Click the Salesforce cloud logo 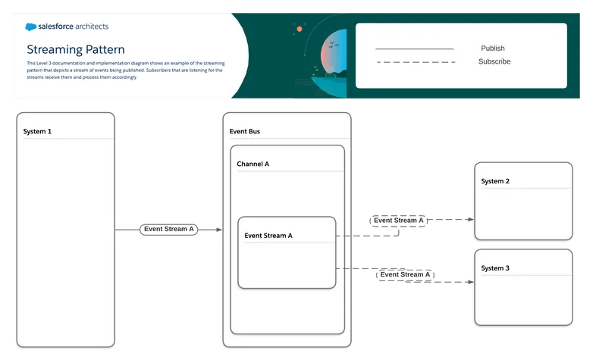(x=31, y=27)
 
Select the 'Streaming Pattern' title (x=76, y=49)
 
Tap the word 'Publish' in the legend (x=493, y=49)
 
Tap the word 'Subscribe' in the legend (x=494, y=61)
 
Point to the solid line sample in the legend (x=415, y=49)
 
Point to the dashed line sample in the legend (x=415, y=61)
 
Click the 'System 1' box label (x=38, y=132)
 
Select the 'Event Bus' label (x=245, y=132)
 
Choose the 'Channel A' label (x=253, y=164)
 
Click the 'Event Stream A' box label (x=268, y=236)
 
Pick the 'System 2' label (x=495, y=181)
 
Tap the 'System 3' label (x=495, y=268)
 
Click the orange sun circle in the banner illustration (x=300, y=29)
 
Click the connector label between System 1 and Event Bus (x=169, y=228)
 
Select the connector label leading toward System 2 (x=399, y=221)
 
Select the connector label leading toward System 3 (x=406, y=274)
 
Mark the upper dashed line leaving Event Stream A (x=344, y=236)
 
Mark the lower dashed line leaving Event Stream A (x=344, y=268)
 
